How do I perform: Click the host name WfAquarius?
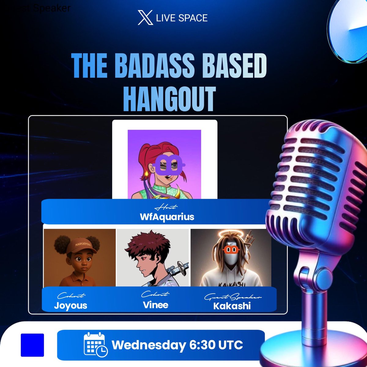167,217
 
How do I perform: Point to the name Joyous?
71,305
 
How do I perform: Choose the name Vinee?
156,305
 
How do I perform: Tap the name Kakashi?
232,306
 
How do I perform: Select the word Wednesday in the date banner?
149,345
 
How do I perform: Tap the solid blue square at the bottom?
32,345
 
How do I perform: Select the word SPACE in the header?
194,18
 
